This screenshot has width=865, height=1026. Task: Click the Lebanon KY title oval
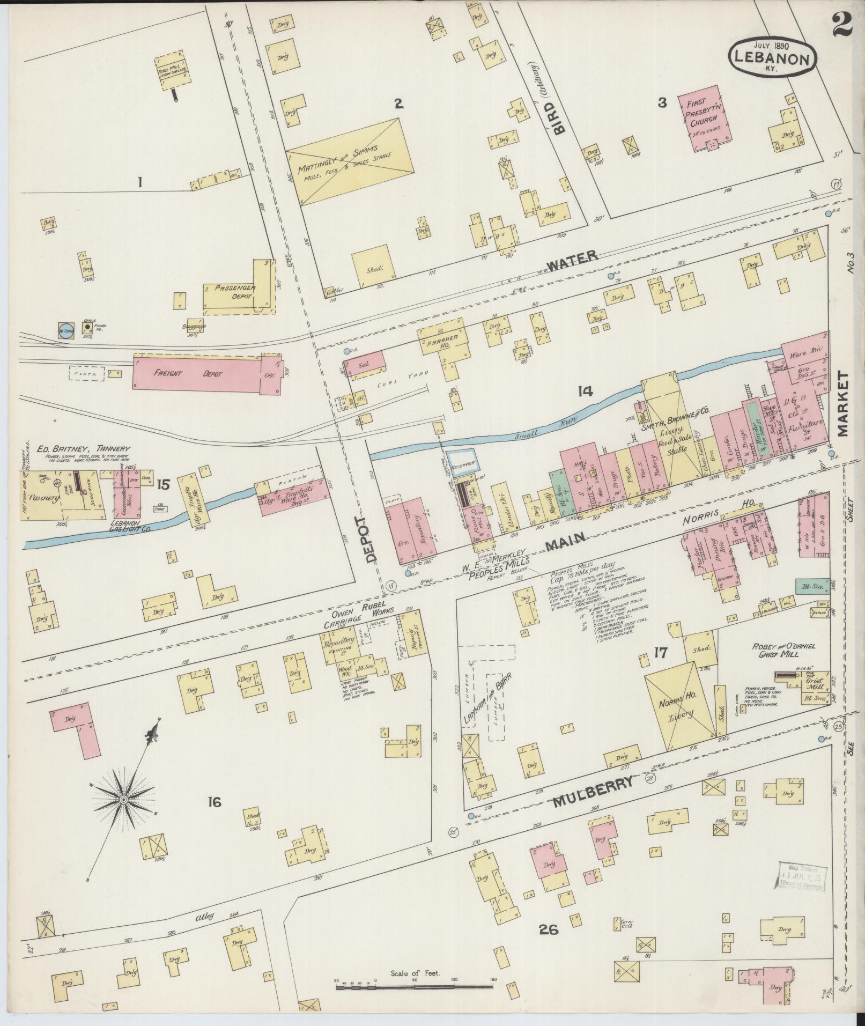point(772,56)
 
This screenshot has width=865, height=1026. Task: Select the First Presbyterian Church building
point(707,115)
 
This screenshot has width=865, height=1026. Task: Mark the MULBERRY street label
point(593,792)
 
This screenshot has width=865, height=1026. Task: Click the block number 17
point(660,653)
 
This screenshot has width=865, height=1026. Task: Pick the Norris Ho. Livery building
point(679,706)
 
